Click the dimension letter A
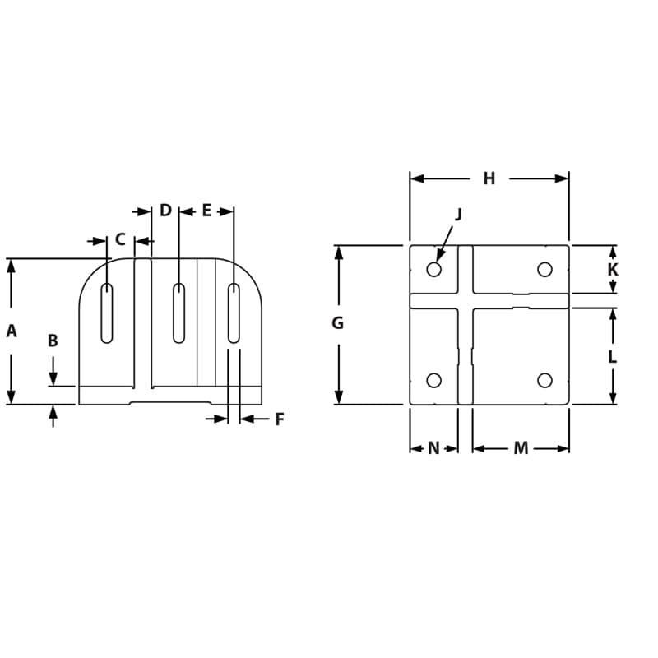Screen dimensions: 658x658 pos(12,331)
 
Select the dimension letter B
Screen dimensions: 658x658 pos(53,341)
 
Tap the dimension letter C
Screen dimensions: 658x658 pos(120,240)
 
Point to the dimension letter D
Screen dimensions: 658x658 pos(165,211)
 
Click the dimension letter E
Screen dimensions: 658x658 pos(206,211)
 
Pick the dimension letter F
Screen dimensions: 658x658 pos(280,419)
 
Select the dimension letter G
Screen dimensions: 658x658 pos(337,323)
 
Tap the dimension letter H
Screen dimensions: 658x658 pos(489,178)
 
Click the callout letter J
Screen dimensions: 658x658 pos(459,214)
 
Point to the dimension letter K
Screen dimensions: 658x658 pos(613,270)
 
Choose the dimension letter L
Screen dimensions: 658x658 pos(613,357)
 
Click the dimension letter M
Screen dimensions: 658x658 pos(521,448)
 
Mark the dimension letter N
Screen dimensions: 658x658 pos(433,448)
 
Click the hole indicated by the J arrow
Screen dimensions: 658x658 pos(434,270)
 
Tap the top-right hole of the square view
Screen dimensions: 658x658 pos(544,270)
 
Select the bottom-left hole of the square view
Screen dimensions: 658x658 pos(434,380)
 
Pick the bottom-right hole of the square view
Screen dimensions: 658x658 pos(544,380)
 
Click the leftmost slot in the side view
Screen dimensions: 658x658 pos(107,313)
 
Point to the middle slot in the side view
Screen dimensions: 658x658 pos(178,313)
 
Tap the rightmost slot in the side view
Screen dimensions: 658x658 pos(234,313)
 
